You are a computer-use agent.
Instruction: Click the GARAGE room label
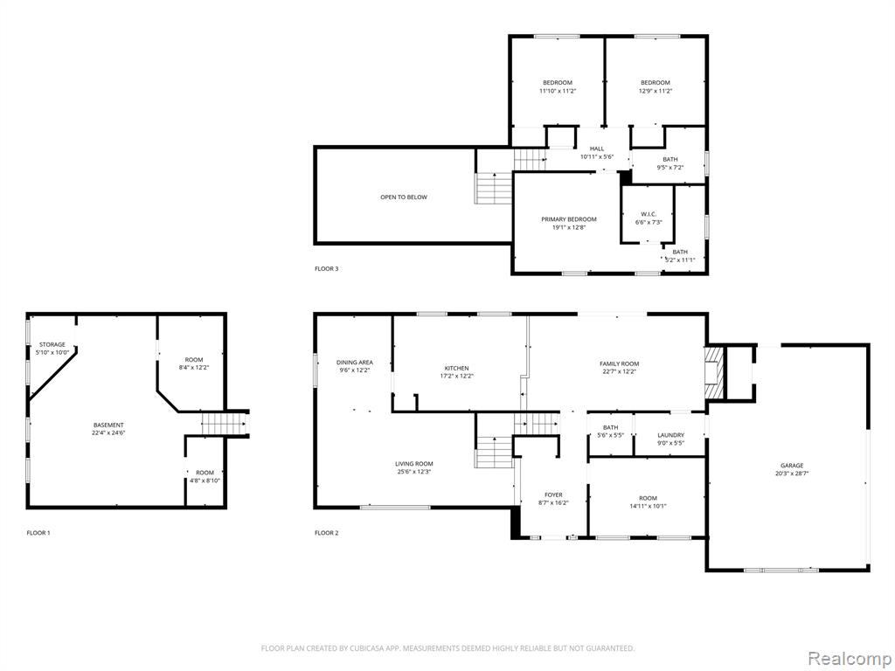(792, 466)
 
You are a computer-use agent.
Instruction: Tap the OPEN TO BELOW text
(404, 197)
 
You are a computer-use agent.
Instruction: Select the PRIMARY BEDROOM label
(568, 219)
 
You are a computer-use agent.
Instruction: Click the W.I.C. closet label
(648, 214)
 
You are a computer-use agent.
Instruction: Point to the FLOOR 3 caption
(327, 269)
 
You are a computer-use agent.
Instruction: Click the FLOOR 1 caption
(38, 533)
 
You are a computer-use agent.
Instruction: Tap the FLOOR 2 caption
(327, 533)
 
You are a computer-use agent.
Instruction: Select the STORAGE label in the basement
(52, 344)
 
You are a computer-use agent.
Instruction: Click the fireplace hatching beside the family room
(713, 373)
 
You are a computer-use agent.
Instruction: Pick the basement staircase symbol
(223, 425)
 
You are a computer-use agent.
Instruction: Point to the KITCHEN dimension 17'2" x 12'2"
(456, 376)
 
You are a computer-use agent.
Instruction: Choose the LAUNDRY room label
(670, 435)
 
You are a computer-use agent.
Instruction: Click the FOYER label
(553, 495)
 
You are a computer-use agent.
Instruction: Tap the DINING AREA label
(355, 363)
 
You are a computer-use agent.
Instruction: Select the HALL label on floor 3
(596, 149)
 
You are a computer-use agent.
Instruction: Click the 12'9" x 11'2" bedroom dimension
(656, 91)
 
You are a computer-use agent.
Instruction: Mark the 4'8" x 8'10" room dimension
(205, 481)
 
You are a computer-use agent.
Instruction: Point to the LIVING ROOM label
(413, 464)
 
